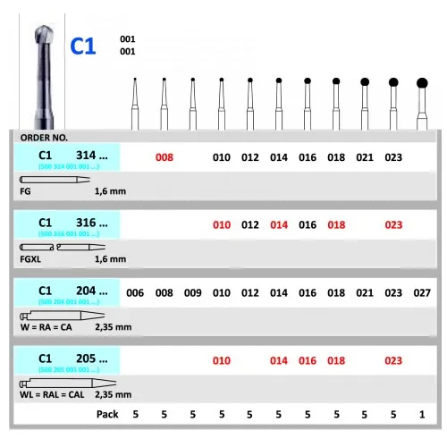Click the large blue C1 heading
click(x=83, y=46)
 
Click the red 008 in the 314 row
click(x=164, y=157)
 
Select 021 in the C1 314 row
click(x=365, y=157)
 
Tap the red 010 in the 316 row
click(x=222, y=225)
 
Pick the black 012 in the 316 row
click(x=250, y=225)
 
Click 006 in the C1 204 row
click(x=135, y=293)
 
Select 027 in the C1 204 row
click(x=423, y=293)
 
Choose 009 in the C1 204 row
click(x=192, y=293)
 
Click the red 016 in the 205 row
click(x=308, y=360)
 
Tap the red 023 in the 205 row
click(x=393, y=360)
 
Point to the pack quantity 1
click(x=422, y=414)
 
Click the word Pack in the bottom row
click(x=106, y=414)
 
